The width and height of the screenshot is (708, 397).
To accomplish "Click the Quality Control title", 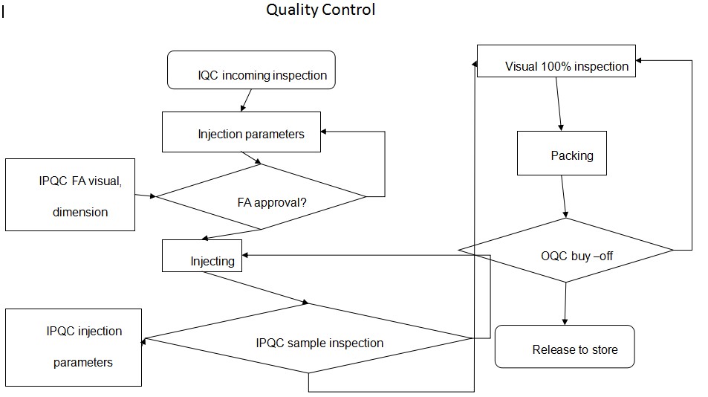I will [x=321, y=10].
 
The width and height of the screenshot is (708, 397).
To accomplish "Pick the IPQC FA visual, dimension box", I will [x=70, y=195].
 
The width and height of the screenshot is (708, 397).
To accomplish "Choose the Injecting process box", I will [x=202, y=255].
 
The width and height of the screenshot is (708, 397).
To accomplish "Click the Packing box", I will [x=562, y=153].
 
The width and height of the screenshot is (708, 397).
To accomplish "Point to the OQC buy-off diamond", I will [x=566, y=251].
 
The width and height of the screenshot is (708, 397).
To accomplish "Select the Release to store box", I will [x=565, y=346].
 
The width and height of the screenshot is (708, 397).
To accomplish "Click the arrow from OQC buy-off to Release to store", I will [x=566, y=303].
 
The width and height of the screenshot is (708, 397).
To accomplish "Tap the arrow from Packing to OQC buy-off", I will [x=565, y=196].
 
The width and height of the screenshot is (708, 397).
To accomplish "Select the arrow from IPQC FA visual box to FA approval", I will [x=145, y=196].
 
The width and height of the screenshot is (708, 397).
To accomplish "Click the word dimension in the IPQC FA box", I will [x=79, y=213].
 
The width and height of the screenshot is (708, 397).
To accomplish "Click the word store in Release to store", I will [x=603, y=349].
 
